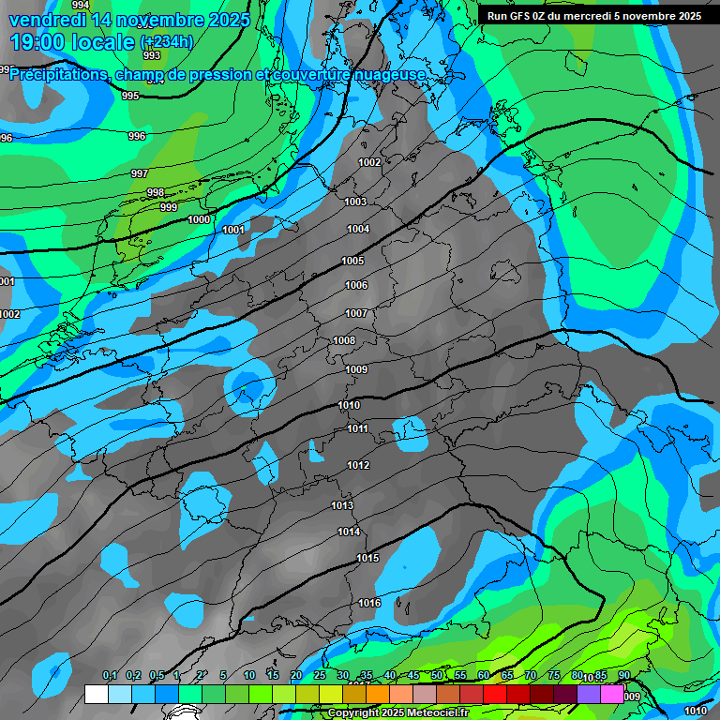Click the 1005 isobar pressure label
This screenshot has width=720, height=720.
pos(352,261)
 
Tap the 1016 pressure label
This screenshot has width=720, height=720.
pos(369,603)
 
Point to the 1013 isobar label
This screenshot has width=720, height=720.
pos(342,505)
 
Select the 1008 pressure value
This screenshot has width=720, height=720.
pos(344,340)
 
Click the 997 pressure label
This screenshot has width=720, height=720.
pos(140,173)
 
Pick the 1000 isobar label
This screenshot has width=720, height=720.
pos(199,219)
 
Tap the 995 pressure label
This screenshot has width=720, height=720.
pos(130,96)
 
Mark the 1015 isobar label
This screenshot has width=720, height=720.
pos(367,558)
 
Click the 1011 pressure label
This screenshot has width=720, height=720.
pos(357,428)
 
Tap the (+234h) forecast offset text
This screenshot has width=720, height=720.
pos(167,42)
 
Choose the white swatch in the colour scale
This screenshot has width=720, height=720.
pos(97,695)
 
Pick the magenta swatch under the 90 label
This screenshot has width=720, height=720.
pos(612,695)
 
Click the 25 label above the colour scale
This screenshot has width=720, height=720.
pos(320,675)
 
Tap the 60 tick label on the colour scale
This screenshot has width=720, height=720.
pos(484,675)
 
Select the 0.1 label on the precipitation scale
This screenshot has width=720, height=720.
pos(110,675)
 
